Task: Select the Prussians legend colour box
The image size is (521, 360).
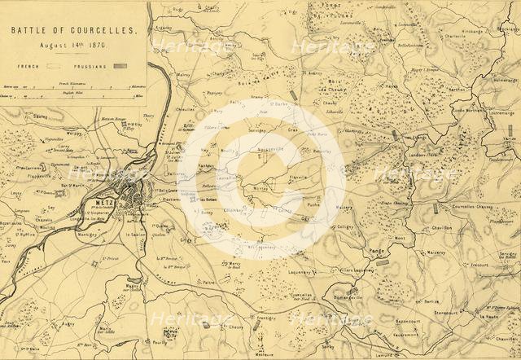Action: [x=120, y=64]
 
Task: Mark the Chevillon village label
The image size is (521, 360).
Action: [x=441, y=228]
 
